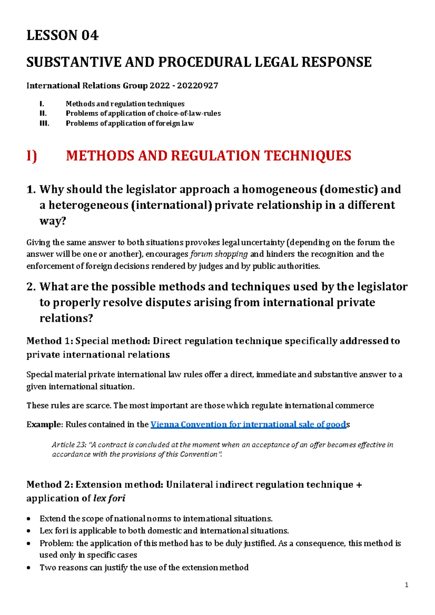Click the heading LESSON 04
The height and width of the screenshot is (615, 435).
pos(62,35)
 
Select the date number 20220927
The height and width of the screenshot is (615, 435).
pos(198,86)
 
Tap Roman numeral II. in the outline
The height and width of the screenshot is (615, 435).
pos(43,113)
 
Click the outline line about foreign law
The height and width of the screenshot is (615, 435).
pos(129,123)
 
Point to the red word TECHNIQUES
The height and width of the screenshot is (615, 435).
pos(307,156)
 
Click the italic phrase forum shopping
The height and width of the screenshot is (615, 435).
pos(219,254)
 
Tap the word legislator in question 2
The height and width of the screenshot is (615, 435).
pos(382,286)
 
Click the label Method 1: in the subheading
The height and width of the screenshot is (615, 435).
pos(49,341)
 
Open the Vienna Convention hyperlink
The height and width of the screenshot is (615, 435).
pos(248,424)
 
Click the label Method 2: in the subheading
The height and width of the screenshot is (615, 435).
pos(50,485)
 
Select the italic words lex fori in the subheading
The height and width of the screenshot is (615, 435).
pos(109,498)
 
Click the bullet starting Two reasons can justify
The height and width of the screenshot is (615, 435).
pos(144,568)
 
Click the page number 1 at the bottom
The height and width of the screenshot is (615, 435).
pos(406,585)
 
